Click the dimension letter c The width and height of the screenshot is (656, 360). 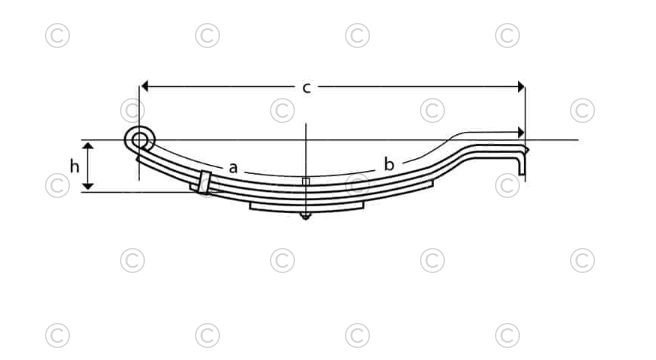coord(307,88)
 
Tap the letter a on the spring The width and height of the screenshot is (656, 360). coord(232,167)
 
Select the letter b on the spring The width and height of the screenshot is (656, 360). coord(389,163)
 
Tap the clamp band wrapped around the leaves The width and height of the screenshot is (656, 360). coord(203,183)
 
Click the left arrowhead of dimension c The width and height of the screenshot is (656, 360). coord(145,87)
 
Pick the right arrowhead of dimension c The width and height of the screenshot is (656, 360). coord(519,87)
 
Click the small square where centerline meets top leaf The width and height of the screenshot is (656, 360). coord(305,181)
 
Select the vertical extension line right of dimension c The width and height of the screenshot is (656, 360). coord(525,110)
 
